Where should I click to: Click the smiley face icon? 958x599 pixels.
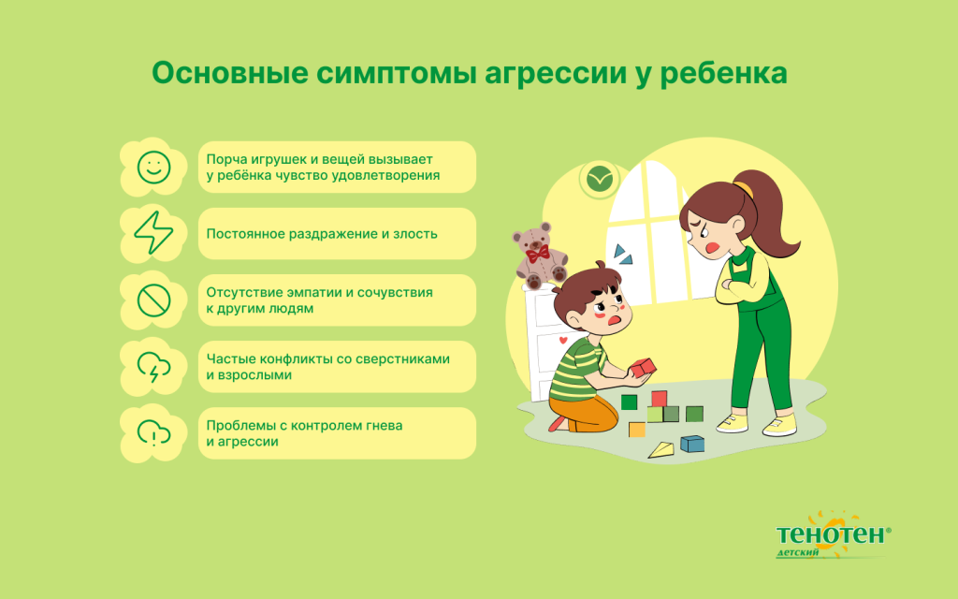(153, 168)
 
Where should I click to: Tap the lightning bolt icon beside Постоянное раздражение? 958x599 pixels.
(153, 234)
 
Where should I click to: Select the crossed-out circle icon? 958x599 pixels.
(153, 300)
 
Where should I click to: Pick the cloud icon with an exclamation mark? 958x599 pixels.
(153, 433)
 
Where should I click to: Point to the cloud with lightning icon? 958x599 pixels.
(153, 367)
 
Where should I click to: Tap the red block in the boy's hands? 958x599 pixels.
(643, 368)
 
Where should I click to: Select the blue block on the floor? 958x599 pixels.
(692, 443)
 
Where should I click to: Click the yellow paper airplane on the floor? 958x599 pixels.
(661, 449)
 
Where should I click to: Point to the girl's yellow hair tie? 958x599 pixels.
(744, 188)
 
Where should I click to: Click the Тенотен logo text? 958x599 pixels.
(829, 534)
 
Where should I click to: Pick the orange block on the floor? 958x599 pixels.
(637, 430)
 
